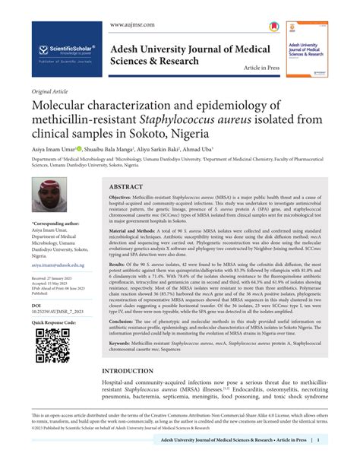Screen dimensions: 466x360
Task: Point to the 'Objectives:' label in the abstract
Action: [125, 197]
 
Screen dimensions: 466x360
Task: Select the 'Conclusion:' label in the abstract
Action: [125, 322]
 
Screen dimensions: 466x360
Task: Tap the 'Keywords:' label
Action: [124, 344]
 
